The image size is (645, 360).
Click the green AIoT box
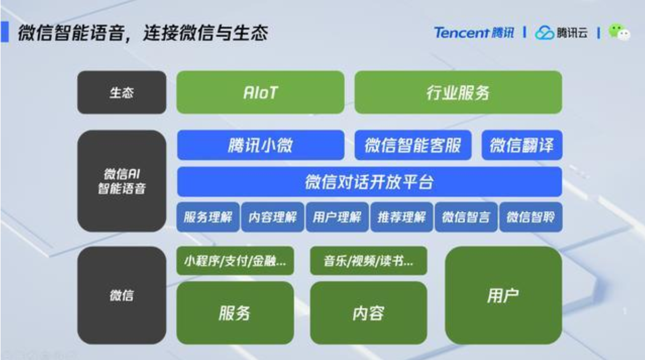pos(260,93)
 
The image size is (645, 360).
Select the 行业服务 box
pos(458,93)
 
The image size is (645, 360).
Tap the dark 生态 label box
pos(122,93)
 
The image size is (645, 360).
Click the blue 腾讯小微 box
pos(260,145)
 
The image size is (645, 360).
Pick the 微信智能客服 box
pos(413,145)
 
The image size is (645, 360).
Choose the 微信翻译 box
pos(522,145)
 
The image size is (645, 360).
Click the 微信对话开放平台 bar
pos(369,182)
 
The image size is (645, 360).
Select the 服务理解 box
pos(208,217)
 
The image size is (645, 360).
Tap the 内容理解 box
pos(272,217)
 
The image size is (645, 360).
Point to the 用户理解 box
pos(337,217)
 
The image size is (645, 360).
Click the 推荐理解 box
pos(402,217)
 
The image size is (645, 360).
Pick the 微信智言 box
pos(466,217)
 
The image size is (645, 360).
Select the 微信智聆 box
pos(531,217)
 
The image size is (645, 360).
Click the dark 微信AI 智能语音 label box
pos(122,181)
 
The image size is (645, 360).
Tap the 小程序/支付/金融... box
pos(235,261)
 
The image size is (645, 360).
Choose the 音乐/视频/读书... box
pos(368,261)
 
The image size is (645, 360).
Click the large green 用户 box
pos(503,295)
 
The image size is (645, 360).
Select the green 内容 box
pos(368,313)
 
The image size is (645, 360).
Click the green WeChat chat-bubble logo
pos(619,33)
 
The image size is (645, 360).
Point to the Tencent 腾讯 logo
pos(474,33)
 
